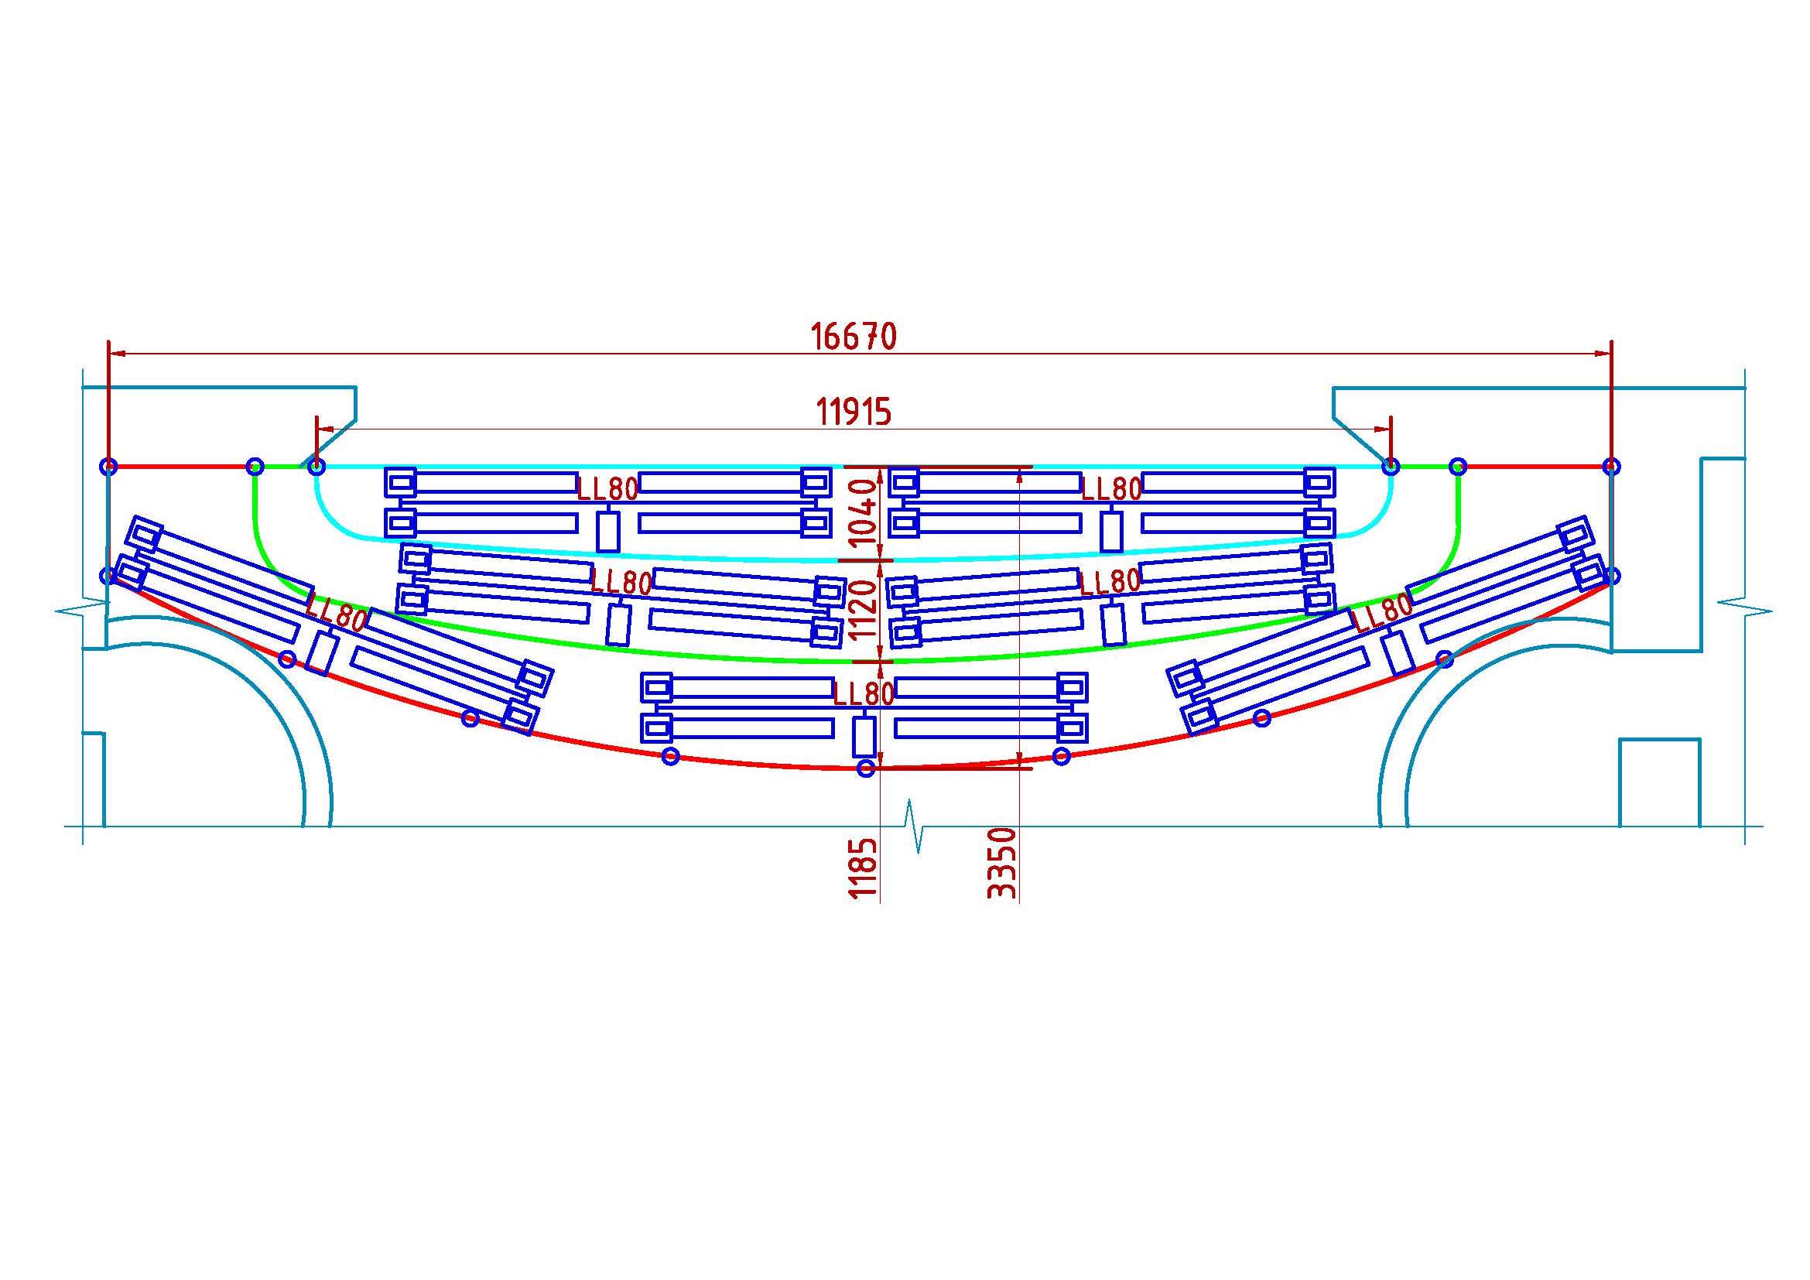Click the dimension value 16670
coord(854,337)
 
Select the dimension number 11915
coord(854,412)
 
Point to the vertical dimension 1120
coord(865,609)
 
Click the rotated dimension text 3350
coord(1002,863)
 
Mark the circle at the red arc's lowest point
coord(866,768)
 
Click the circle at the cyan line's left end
coord(315,467)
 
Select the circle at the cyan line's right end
coord(1391,467)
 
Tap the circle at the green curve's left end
coord(255,467)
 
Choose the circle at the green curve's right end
coord(1459,467)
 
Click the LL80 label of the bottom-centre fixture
coord(864,693)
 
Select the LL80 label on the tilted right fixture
coord(1382,611)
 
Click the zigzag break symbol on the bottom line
coord(917,826)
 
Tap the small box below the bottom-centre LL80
coord(865,737)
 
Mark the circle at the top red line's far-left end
coord(109,467)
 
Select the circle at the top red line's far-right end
coord(1612,467)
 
